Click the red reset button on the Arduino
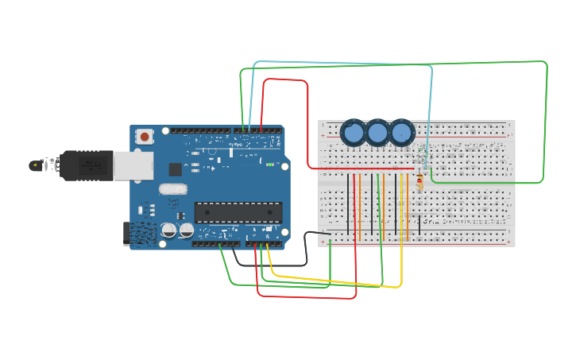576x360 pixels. [145, 137]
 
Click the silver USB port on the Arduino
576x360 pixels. [133, 165]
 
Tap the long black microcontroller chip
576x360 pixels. [238, 212]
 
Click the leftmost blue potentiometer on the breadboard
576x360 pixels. [353, 133]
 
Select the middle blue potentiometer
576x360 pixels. [377, 133]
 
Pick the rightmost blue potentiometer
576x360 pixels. [402, 133]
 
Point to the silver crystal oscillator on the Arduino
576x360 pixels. [172, 189]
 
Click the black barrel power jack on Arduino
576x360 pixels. [127, 232]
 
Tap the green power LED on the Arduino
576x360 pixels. [270, 165]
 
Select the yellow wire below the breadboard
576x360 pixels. [334, 281]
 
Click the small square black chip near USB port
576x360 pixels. [176, 169]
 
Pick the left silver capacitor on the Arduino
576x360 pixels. [168, 230]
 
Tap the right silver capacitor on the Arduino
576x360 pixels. [187, 230]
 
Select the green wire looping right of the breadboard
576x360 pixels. [546, 119]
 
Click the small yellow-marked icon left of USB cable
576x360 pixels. [35, 165]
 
